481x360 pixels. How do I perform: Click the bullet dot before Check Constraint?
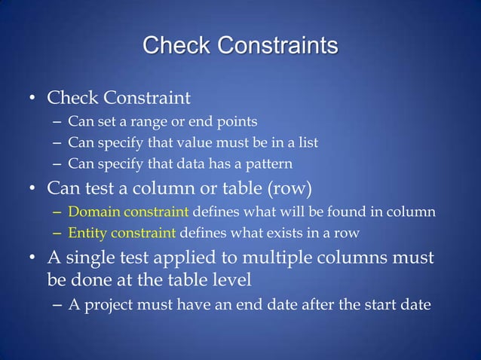coord(32,99)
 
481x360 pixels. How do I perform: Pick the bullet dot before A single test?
coord(32,258)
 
